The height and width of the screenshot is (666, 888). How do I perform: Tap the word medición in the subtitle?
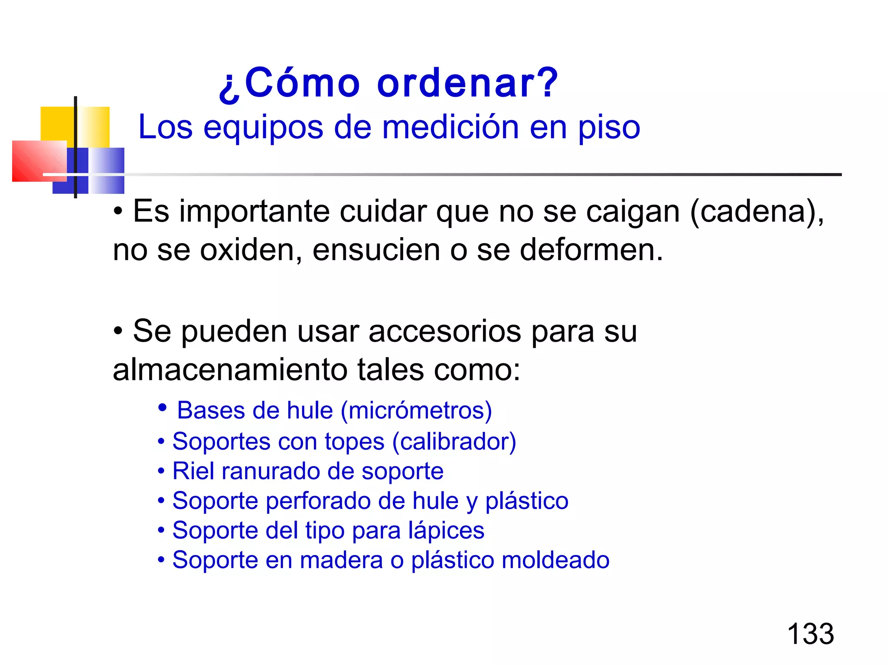pyautogui.click(x=451, y=127)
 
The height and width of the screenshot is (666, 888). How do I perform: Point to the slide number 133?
pyautogui.click(x=810, y=634)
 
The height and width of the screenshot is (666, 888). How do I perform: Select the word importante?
pyautogui.click(x=255, y=212)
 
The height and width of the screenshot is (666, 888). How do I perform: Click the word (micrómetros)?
pyautogui.click(x=416, y=411)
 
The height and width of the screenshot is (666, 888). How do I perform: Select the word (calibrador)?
pyautogui.click(x=454, y=442)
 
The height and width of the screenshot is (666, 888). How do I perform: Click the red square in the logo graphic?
pyautogui.click(x=38, y=161)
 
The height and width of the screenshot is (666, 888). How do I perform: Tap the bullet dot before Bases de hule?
pyautogui.click(x=163, y=408)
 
